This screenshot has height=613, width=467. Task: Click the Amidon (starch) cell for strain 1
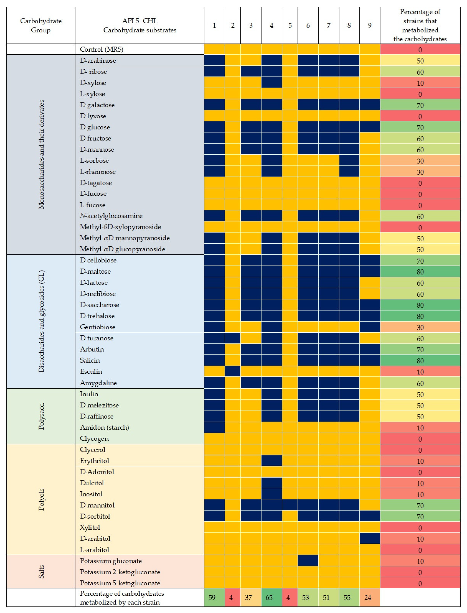pyautogui.click(x=214, y=427)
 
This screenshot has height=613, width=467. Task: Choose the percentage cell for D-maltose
pyautogui.click(x=420, y=272)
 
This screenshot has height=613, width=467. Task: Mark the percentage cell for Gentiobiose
pyautogui.click(x=420, y=327)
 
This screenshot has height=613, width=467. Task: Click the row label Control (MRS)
pyautogui.click(x=101, y=49)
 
